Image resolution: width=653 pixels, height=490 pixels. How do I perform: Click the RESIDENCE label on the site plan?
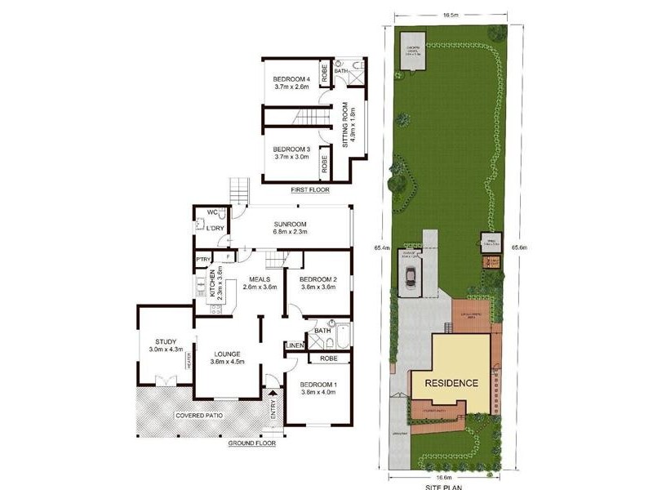pos(450,382)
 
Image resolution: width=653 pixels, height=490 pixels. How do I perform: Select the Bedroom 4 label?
pos(292,80)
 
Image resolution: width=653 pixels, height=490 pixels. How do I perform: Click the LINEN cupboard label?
pos(295,345)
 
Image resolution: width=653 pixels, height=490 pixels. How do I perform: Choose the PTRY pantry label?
pos(203,260)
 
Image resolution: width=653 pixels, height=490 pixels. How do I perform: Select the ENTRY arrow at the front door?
pos(273,402)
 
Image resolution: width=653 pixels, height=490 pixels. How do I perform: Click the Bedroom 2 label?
pos(318,283)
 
